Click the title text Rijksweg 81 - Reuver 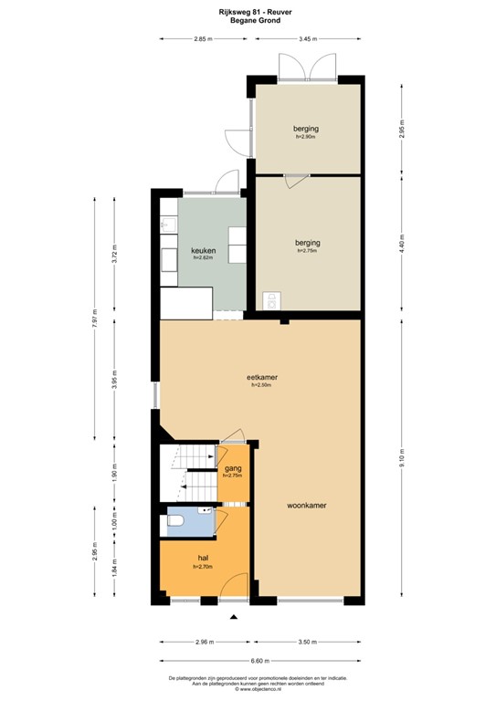point(248,10)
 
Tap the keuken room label point(203,251)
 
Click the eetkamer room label point(262,377)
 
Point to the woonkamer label point(307,505)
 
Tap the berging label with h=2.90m point(305,129)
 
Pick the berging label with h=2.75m point(308,243)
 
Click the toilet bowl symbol point(177,521)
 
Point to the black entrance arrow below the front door point(234,618)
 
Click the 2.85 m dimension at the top point(202,39)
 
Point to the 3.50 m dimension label point(308,643)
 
